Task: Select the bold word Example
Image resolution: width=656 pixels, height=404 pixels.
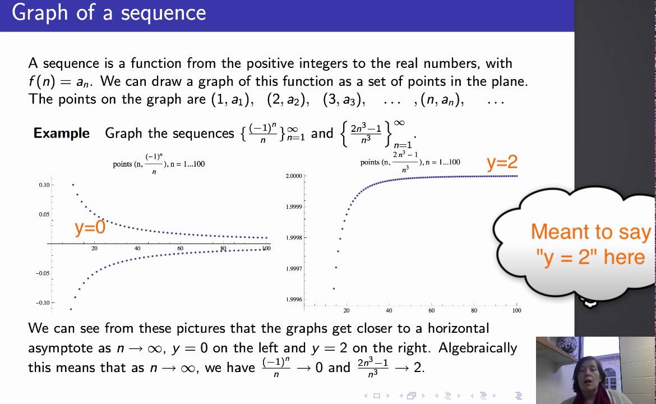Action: point(62,134)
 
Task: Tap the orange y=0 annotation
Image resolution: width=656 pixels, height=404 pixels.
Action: point(90,227)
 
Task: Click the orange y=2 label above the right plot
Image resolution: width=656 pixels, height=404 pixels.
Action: point(502,163)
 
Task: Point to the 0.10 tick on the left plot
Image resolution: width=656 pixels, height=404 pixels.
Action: point(44,185)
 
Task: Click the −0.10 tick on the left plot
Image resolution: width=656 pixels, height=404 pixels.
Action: point(43,303)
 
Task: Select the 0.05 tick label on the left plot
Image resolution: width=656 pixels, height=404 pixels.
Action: point(44,214)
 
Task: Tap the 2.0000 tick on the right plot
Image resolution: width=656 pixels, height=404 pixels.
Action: point(294,176)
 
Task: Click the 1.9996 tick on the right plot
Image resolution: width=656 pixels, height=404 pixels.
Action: point(294,300)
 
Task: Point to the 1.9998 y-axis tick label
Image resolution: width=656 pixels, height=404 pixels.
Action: point(294,238)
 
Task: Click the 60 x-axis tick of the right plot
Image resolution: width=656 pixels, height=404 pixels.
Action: point(431,310)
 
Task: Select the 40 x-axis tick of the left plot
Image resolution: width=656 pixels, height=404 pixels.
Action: point(137,249)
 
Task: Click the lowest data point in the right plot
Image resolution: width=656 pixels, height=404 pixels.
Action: point(334,289)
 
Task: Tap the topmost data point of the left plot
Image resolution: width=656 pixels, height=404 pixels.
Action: point(73,185)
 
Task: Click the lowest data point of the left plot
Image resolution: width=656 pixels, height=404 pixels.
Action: point(71,309)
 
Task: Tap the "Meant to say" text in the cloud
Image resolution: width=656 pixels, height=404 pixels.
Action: point(590,232)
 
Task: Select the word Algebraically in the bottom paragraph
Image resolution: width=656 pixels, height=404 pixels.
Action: point(478,348)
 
